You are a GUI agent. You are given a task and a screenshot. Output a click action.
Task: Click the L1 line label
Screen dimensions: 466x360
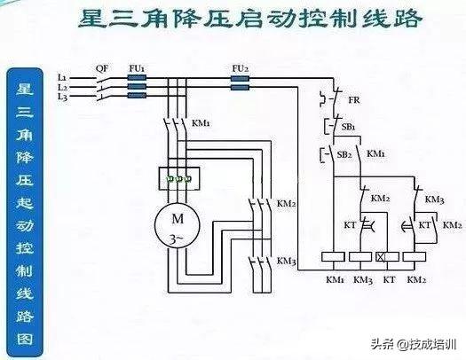[61, 78]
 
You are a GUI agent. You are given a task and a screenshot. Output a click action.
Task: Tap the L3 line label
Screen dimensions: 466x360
[62, 97]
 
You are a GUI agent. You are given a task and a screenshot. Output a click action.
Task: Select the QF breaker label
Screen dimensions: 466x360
[102, 68]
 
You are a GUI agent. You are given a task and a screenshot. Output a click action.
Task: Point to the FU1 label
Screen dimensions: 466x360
[137, 68]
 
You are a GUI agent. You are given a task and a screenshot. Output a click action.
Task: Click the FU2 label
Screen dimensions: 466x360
[241, 68]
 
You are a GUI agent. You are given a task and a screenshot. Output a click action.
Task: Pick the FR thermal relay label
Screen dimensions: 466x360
[354, 100]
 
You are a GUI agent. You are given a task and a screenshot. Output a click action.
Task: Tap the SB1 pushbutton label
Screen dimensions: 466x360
[348, 127]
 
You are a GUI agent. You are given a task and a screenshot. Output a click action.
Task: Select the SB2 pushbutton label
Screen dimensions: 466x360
[344, 154]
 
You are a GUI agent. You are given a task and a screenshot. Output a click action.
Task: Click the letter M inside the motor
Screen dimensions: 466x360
[178, 219]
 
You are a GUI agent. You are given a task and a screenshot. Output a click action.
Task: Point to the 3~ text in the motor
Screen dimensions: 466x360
[177, 239]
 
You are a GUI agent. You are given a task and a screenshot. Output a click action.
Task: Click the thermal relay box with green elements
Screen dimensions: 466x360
[179, 178]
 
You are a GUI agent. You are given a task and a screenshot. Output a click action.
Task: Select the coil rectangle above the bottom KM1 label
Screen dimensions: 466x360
[333, 257]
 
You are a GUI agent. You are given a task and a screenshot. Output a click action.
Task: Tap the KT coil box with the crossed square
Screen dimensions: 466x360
[387, 257]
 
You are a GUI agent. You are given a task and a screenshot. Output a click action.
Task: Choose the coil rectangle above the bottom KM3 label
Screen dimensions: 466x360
[360, 257]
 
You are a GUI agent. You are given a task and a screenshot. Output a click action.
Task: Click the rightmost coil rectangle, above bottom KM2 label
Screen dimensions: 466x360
[415, 257]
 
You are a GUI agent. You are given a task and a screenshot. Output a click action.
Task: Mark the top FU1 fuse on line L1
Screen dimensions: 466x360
[137, 78]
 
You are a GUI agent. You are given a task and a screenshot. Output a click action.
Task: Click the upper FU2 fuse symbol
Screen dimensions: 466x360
[240, 79]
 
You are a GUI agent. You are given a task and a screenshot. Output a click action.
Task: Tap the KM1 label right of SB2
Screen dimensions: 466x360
[375, 153]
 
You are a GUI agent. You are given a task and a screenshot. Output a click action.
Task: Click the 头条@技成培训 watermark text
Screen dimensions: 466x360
[414, 344]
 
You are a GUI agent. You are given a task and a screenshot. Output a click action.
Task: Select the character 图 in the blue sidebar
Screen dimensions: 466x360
[25, 339]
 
